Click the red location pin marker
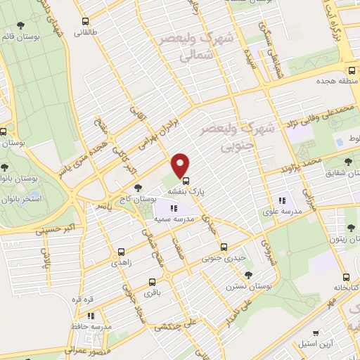(181, 166)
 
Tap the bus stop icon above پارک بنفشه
(186, 179)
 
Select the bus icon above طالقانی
(86, 21)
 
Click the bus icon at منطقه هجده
(351, 70)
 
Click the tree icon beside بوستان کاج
(138, 188)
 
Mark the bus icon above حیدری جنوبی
(224, 247)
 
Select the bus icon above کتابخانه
(345, 277)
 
